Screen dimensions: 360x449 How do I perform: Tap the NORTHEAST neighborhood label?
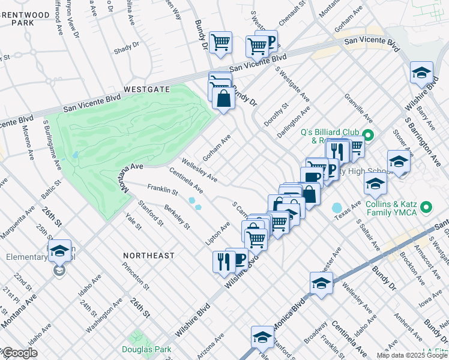[148, 256]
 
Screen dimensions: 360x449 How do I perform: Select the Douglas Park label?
[146, 349]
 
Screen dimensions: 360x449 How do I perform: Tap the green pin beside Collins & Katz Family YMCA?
[427, 208]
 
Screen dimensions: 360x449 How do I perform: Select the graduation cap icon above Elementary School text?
[59, 251]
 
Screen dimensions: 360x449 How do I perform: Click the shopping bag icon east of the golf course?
[223, 99]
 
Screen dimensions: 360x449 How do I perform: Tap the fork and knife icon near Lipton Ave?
[221, 261]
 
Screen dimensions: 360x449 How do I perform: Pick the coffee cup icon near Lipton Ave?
[238, 259]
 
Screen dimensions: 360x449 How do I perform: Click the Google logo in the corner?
[20, 353]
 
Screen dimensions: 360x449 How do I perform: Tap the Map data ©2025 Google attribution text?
[411, 355]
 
